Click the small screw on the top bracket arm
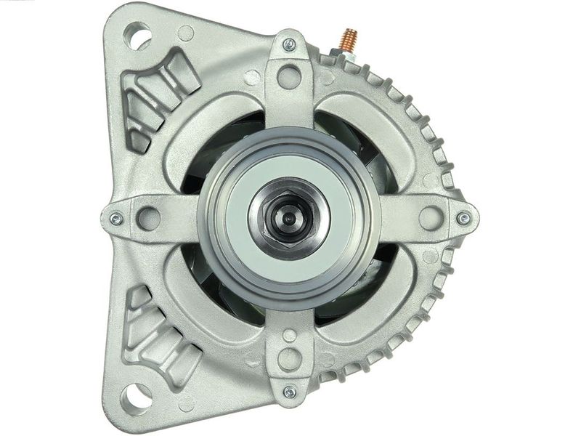point(288,44)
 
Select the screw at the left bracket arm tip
point(113,216)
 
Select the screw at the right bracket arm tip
point(462,216)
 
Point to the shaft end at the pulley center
point(289,216)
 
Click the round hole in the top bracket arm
point(289,73)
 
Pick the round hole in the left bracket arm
point(147,216)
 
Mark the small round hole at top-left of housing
point(186,33)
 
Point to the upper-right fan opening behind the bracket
point(363,145)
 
